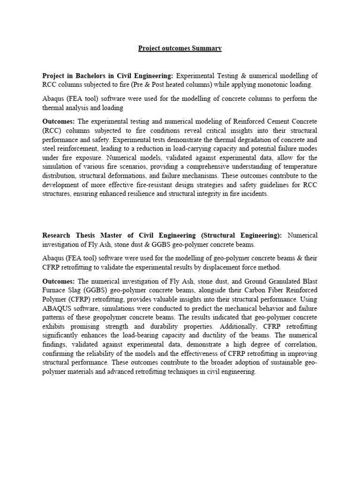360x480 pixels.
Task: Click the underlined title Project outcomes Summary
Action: coord(180,48)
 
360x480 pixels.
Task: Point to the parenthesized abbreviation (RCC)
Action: coord(51,130)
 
